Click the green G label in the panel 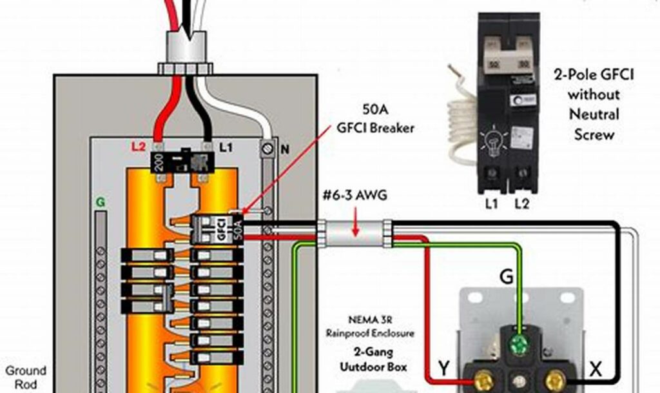coord(100,202)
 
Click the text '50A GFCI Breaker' coord(374,119)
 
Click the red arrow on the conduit coord(356,227)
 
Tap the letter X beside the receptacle coord(595,369)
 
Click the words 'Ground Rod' coord(26,377)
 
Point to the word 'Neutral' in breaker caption coord(594,115)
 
